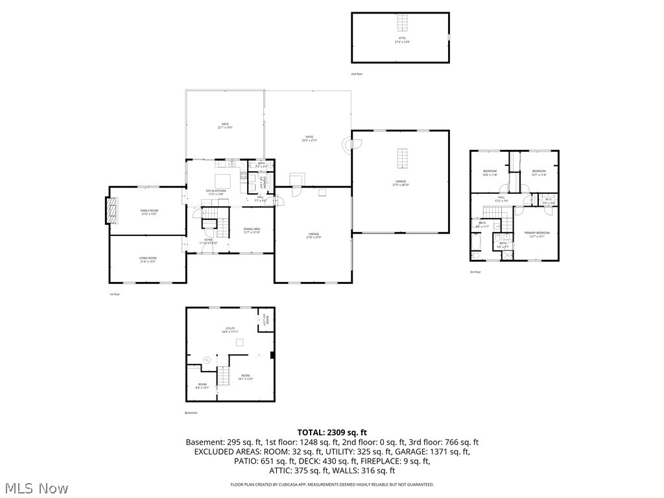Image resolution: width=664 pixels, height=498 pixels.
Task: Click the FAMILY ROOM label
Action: [x=149, y=212]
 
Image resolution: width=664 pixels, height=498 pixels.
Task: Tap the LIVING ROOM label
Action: [x=148, y=259]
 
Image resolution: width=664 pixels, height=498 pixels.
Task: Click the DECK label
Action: [x=225, y=126]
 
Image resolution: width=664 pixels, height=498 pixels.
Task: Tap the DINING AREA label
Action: [x=252, y=230]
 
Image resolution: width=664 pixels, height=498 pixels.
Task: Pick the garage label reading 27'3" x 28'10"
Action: [x=401, y=183]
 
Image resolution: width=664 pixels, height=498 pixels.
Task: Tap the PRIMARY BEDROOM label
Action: [x=537, y=234]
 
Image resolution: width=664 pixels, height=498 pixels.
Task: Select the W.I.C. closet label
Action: [x=548, y=200]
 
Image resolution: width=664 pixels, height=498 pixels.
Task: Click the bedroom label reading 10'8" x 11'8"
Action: [x=490, y=172]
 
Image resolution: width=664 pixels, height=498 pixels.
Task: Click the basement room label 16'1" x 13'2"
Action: [x=246, y=377]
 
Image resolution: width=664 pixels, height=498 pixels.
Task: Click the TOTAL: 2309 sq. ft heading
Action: [x=332, y=432]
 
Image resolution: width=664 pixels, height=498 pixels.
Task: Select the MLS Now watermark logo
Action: [x=36, y=488]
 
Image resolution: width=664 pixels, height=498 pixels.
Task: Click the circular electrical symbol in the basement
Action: [x=207, y=359]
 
